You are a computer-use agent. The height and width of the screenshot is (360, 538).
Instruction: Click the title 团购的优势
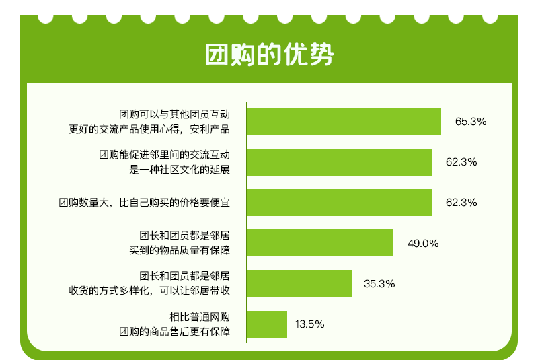tap(270, 55)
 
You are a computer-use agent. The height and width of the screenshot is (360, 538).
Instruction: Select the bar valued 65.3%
tap(344, 122)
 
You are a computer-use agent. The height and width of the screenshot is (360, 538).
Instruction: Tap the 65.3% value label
tap(471, 122)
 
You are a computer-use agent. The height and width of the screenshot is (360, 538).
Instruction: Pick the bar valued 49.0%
tap(319, 243)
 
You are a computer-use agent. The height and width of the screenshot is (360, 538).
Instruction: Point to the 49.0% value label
tap(423, 244)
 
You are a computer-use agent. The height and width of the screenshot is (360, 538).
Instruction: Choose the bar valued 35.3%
tap(299, 283)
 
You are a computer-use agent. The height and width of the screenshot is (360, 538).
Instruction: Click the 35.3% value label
tap(379, 284)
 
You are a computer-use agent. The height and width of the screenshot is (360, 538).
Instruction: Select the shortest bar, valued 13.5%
tap(267, 324)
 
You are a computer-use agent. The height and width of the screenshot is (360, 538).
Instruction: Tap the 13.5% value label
tap(310, 324)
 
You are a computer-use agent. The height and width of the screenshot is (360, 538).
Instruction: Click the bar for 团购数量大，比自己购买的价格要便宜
tap(340, 203)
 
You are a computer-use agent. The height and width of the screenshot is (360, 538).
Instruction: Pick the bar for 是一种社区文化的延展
tap(340, 162)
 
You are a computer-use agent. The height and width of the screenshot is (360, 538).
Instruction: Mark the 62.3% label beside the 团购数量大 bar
tap(461, 203)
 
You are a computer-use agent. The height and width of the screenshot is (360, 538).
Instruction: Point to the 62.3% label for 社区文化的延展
tap(461, 162)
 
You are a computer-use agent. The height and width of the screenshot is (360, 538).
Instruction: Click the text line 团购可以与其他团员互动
tap(174, 114)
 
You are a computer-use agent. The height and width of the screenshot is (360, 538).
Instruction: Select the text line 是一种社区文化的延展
tap(180, 170)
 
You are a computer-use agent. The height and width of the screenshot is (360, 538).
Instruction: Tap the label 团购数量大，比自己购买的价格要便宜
tap(144, 203)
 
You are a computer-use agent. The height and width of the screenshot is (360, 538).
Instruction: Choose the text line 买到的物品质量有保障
tap(180, 250)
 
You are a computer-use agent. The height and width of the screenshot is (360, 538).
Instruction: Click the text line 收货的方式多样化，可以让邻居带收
tap(149, 291)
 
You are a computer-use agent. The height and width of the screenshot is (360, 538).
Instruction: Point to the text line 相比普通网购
tap(200, 317)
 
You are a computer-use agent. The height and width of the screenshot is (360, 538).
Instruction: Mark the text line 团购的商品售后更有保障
tap(174, 332)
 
